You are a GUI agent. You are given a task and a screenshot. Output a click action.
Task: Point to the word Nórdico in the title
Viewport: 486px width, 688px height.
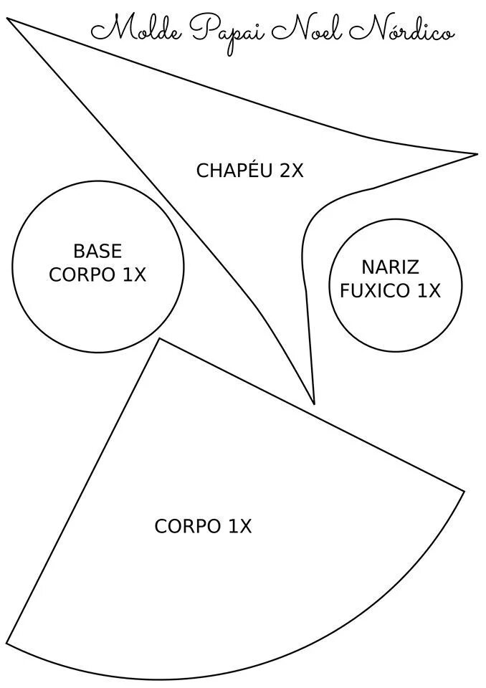[402, 30]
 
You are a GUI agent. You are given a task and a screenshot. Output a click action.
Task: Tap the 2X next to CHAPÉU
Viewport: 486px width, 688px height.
[291, 171]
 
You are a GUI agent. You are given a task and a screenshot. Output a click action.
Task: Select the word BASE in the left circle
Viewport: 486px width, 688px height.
[97, 252]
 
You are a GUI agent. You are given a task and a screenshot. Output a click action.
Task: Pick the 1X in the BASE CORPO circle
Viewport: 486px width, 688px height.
[134, 275]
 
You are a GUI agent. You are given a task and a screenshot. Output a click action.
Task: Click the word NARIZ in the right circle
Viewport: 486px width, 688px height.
[390, 268]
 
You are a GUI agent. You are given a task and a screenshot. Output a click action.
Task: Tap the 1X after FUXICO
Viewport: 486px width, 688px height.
[429, 292]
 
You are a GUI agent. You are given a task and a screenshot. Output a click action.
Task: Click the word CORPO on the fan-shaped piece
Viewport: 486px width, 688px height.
[188, 527]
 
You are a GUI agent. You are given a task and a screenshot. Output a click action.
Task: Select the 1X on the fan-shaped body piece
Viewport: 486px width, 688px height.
[240, 527]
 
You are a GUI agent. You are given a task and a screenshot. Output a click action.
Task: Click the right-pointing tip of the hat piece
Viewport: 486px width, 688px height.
[477, 154]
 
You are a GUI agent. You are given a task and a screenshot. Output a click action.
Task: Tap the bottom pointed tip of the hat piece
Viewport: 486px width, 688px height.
[314, 403]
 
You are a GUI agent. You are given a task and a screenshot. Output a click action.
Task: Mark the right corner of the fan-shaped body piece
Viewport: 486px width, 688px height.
[464, 492]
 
